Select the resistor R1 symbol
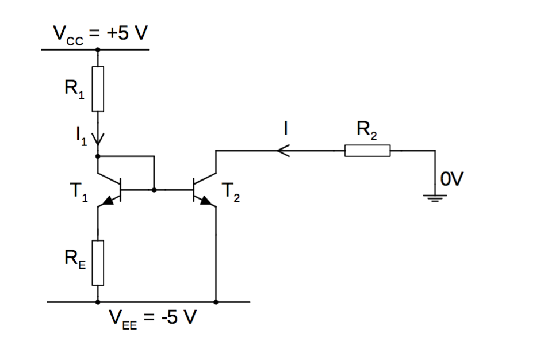click(98, 89)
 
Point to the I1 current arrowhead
click(98, 140)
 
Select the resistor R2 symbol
click(367, 151)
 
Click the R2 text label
click(367, 131)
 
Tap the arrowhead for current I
click(282, 151)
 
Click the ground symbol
click(435, 199)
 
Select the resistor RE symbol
click(98, 263)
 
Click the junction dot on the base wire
click(154, 189)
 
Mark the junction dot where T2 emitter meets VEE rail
click(216, 301)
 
